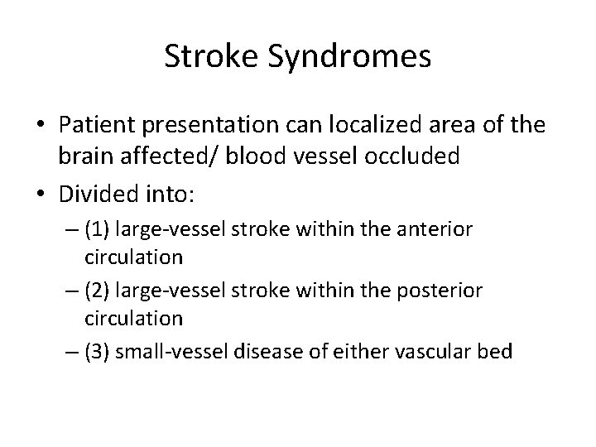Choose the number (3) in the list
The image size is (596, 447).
click(98, 351)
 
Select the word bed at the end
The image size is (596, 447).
click(497, 351)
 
